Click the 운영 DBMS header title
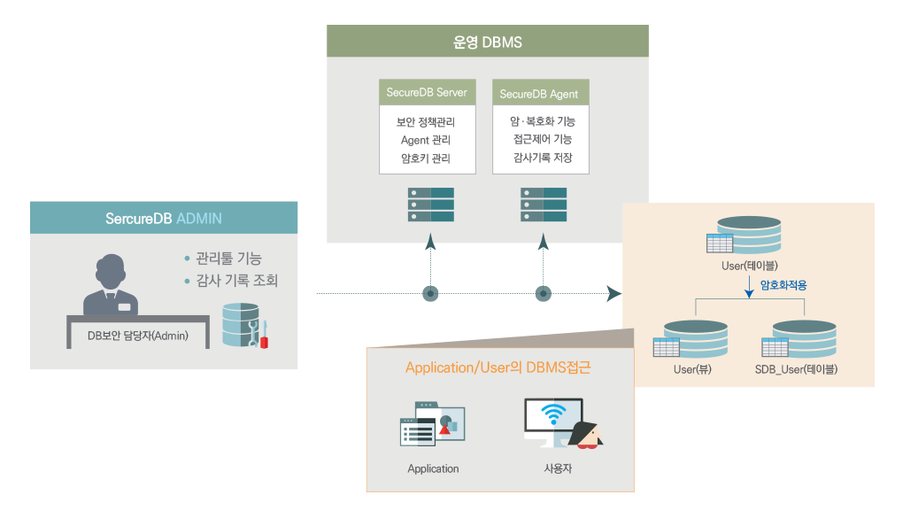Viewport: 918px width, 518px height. (488, 41)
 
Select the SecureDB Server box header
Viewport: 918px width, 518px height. (426, 92)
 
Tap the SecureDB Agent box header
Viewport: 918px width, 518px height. (539, 94)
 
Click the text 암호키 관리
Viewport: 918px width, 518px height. (426, 158)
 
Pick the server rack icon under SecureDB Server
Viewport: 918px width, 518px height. (431, 205)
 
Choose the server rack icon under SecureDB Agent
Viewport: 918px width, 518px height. (544, 205)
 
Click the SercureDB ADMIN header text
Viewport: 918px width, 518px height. (164, 218)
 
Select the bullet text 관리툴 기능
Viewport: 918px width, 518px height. (228, 259)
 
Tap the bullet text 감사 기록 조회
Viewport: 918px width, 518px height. (236, 281)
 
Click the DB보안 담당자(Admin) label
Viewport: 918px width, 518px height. (138, 335)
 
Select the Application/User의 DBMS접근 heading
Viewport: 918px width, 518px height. (498, 367)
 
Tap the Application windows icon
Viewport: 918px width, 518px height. (432, 425)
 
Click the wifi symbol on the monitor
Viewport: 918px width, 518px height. (554, 414)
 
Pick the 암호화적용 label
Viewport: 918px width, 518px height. (783, 285)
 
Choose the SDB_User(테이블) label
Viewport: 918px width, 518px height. (796, 369)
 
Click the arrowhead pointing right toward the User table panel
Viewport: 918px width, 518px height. (613, 293)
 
